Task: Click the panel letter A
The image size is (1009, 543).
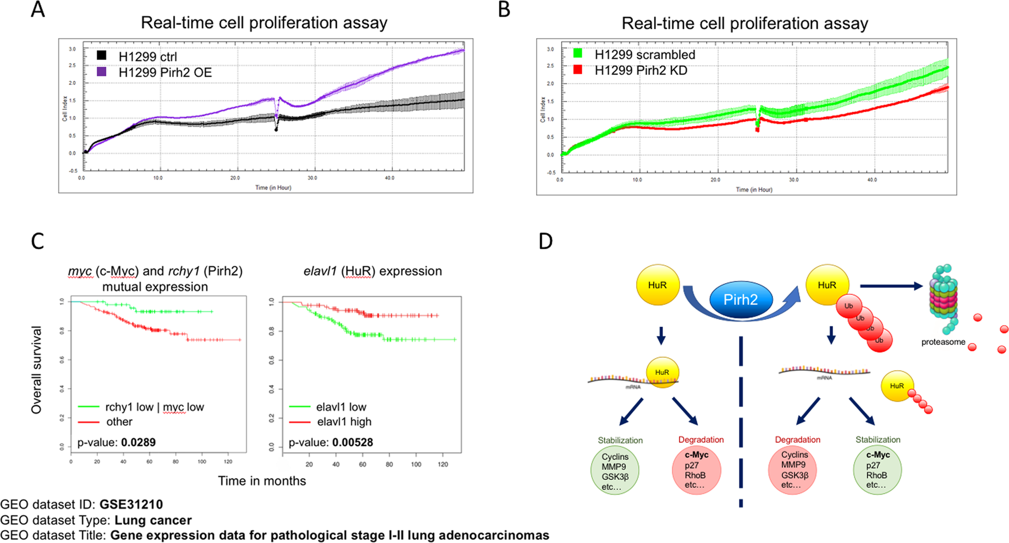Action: coord(37,10)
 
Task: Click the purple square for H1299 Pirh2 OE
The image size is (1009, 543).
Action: coord(101,71)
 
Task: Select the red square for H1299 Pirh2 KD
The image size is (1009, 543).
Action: coord(578,70)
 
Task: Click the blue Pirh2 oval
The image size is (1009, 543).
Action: coord(741,300)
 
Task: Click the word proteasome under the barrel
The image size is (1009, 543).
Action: coord(943,342)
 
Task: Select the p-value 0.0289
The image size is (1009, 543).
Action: coord(138,442)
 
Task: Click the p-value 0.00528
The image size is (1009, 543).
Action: coord(353,442)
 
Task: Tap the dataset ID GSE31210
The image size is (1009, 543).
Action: coord(131,504)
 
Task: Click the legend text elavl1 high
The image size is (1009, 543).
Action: coord(344,422)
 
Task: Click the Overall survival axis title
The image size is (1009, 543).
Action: coord(36,370)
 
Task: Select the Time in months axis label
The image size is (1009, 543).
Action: coord(262,481)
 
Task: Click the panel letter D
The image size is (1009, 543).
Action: coord(546,241)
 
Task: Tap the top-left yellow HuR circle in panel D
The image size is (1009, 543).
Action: coord(657,285)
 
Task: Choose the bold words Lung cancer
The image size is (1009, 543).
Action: coord(153,520)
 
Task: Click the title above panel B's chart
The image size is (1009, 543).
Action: coord(745,23)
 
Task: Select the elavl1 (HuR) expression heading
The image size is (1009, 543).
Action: coord(372,271)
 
